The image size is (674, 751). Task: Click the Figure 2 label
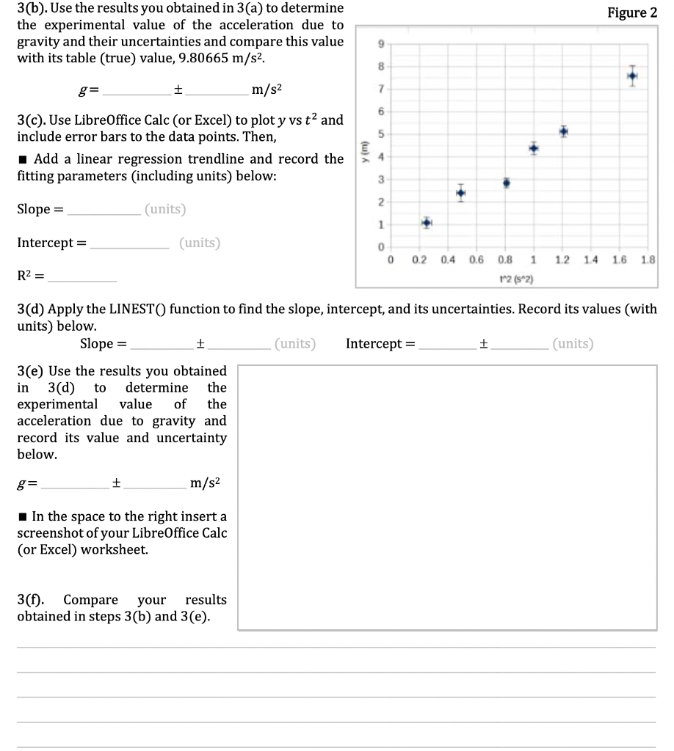pos(632,12)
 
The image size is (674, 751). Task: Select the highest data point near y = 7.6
pos(632,76)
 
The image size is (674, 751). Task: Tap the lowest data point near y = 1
pos(427,222)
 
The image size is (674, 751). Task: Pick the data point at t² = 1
pos(534,148)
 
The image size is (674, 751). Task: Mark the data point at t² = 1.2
pos(563,131)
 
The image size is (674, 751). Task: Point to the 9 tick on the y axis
pos(380,43)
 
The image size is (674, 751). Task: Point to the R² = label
pos(30,277)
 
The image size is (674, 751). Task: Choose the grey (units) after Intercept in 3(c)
pos(200,243)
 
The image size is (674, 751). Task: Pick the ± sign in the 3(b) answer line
pos(178,90)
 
